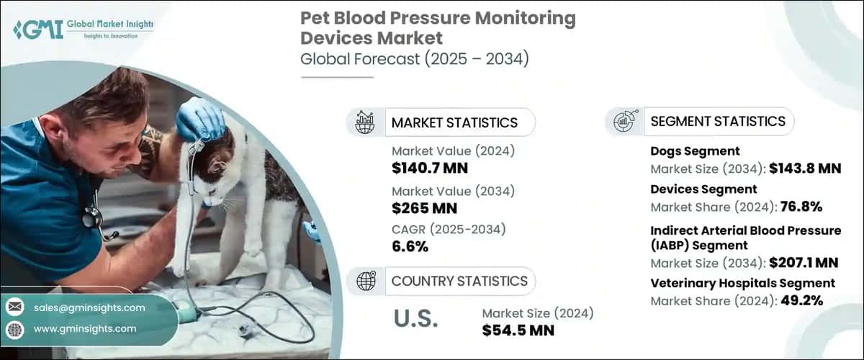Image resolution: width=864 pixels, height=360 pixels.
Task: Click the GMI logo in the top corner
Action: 83,29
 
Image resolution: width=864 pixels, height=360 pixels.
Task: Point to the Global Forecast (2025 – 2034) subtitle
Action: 415,59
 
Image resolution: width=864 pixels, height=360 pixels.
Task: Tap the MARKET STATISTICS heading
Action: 454,122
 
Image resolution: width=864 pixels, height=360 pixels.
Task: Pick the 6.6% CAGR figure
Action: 410,247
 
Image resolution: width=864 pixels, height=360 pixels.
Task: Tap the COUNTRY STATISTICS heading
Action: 459,281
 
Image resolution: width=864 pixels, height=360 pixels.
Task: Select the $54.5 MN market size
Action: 522,330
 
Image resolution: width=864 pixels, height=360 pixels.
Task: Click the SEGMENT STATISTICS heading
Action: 718,121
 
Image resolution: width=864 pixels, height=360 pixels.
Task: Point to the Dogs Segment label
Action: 695,151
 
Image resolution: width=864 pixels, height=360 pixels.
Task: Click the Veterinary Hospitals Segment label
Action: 742,283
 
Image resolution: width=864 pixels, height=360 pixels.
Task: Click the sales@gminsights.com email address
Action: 89,307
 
